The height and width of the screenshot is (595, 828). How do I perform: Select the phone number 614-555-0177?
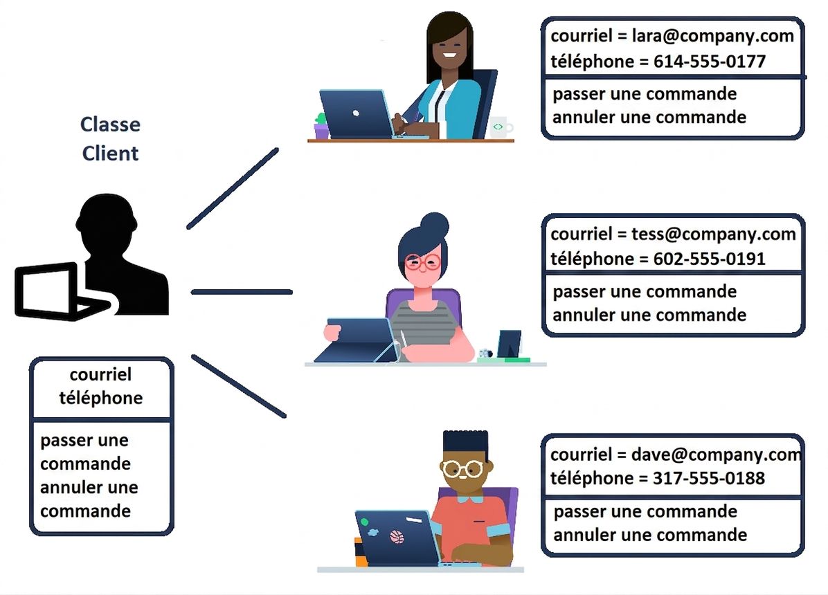coord(709,62)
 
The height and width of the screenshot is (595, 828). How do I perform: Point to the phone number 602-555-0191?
coord(709,259)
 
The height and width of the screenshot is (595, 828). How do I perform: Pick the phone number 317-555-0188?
coord(709,478)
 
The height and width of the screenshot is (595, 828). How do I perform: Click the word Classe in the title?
coord(110,125)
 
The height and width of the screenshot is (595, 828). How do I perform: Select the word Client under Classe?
coord(110,153)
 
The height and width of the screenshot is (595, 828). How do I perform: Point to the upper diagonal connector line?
coord(233,188)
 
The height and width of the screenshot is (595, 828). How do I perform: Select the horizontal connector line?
coord(242,292)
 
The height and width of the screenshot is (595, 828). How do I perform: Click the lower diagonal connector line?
coord(239,386)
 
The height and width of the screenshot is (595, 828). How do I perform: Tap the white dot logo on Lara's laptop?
coord(356,113)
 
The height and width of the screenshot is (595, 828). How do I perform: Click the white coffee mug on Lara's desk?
coord(501,127)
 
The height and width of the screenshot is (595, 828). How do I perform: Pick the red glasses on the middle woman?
coord(422,262)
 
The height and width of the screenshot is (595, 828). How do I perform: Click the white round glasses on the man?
coord(463,469)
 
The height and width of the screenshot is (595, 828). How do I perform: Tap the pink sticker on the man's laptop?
coord(397,537)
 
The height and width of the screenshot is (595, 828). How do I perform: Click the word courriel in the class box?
coord(100,374)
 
